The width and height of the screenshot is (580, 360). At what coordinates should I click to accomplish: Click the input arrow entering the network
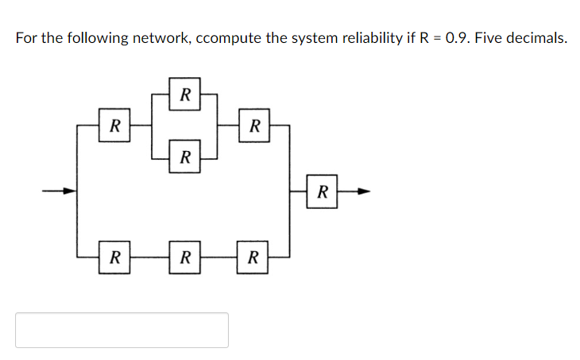tap(59, 191)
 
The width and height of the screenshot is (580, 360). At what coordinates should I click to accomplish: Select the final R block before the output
tap(322, 191)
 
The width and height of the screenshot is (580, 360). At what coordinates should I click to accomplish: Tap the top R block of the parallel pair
tap(184, 95)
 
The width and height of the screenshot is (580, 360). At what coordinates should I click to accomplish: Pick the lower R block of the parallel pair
tap(184, 157)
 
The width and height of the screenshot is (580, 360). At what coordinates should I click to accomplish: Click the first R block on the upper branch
tap(115, 126)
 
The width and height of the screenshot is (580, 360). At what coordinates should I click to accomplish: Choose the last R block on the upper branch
tap(253, 126)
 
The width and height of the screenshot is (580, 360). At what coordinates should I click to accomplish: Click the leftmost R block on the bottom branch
tap(115, 257)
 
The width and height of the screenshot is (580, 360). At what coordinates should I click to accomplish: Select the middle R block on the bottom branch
tap(184, 257)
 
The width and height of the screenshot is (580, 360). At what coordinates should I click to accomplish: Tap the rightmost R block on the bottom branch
tap(253, 257)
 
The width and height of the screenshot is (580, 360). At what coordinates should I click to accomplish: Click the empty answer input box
tap(122, 330)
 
